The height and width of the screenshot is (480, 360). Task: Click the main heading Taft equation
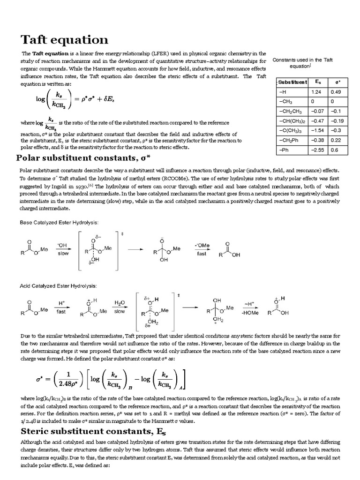(x=65, y=40)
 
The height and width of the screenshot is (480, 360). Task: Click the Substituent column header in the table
(x=292, y=82)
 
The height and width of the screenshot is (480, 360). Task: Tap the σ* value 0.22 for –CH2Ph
(x=335, y=140)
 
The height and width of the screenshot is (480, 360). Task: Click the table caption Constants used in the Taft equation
(x=302, y=63)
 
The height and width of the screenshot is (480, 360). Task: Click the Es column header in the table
(x=317, y=82)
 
